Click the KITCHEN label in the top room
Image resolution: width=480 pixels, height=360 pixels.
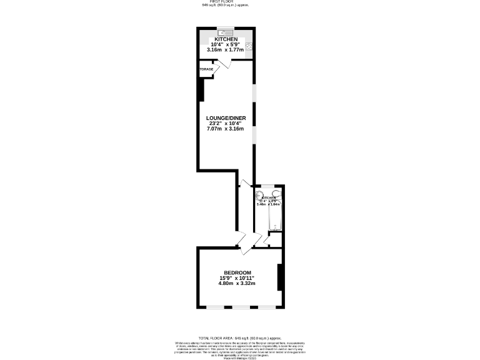[x=226, y=39]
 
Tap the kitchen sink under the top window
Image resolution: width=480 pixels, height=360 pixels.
[x=226, y=33]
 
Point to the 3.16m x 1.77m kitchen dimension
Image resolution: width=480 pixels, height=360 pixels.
[x=226, y=50]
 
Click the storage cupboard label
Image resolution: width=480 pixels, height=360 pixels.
[x=206, y=69]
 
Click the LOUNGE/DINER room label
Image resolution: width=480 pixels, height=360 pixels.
[x=226, y=117]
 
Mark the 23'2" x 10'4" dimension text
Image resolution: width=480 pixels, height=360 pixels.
[x=226, y=123]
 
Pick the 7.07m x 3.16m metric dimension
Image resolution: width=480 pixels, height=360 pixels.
[x=226, y=129]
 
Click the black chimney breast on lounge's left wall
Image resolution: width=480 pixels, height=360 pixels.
[x=201, y=89]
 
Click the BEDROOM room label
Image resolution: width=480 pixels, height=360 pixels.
[x=237, y=272]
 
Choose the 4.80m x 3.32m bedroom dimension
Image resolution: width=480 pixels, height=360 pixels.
[x=237, y=284]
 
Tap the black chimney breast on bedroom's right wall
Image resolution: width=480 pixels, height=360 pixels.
[x=280, y=277]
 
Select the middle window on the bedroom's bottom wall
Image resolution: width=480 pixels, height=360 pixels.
[x=241, y=307]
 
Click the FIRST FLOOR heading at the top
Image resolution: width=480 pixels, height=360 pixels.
[x=226, y=2]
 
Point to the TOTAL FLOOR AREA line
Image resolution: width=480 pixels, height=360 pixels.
[x=226, y=337]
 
